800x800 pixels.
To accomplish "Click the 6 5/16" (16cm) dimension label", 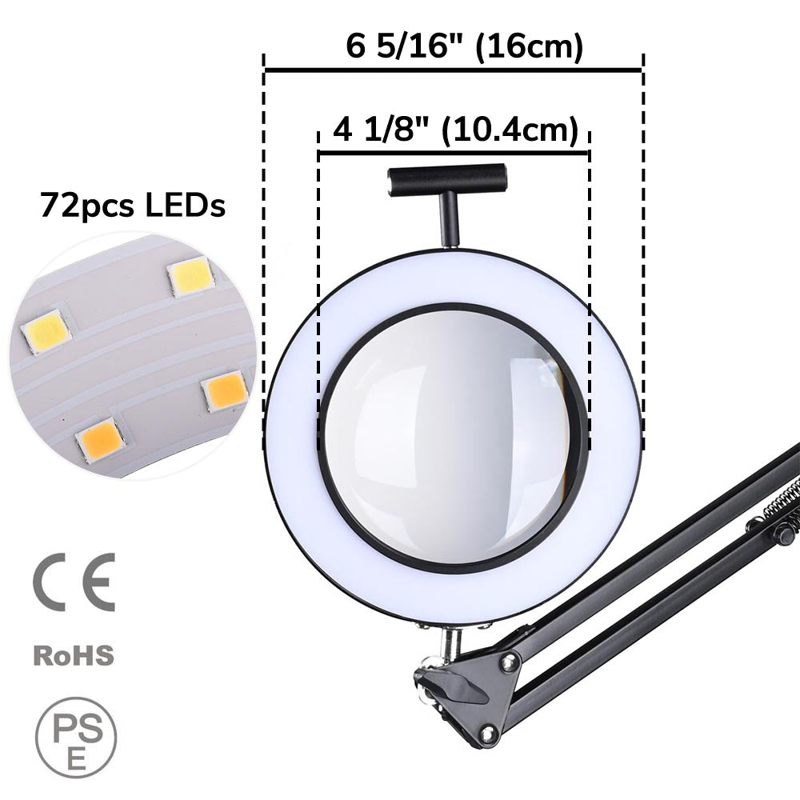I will click(x=465, y=46).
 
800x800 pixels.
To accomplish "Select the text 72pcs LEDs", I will click(x=133, y=206).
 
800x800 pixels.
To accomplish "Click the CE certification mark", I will click(x=74, y=582).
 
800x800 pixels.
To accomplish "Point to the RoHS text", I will click(x=74, y=656).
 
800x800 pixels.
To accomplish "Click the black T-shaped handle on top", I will click(x=446, y=178).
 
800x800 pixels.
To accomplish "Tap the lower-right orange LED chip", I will click(x=225, y=391).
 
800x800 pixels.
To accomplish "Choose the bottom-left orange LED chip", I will click(x=99, y=439).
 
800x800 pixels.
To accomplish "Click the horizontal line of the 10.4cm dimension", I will click(x=454, y=152).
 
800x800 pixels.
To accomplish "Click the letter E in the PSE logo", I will click(x=77, y=759).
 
